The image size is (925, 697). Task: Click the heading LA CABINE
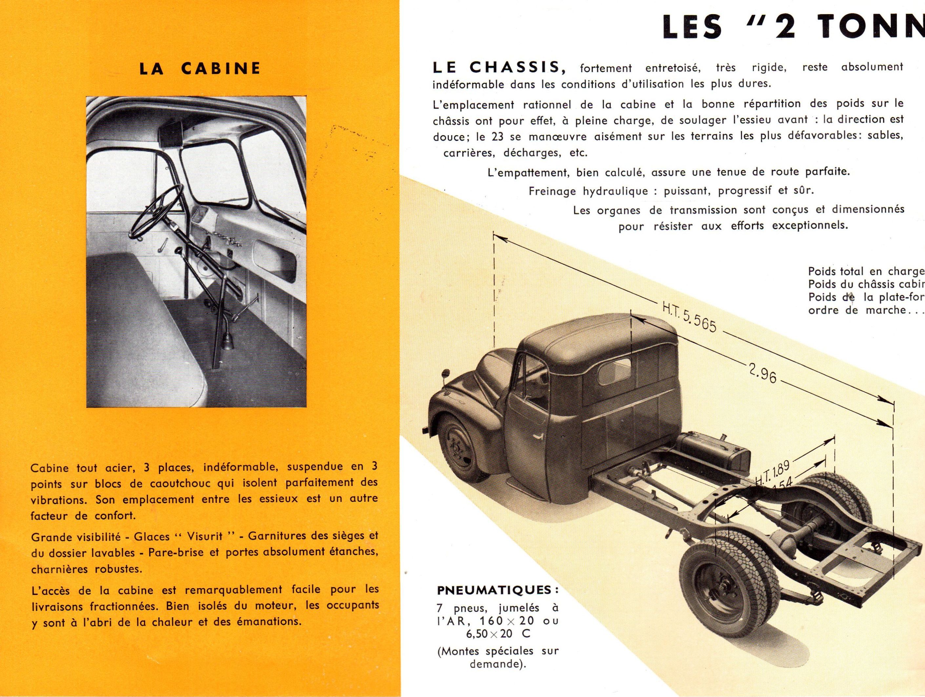200,68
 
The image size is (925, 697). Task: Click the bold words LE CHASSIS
496,67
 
